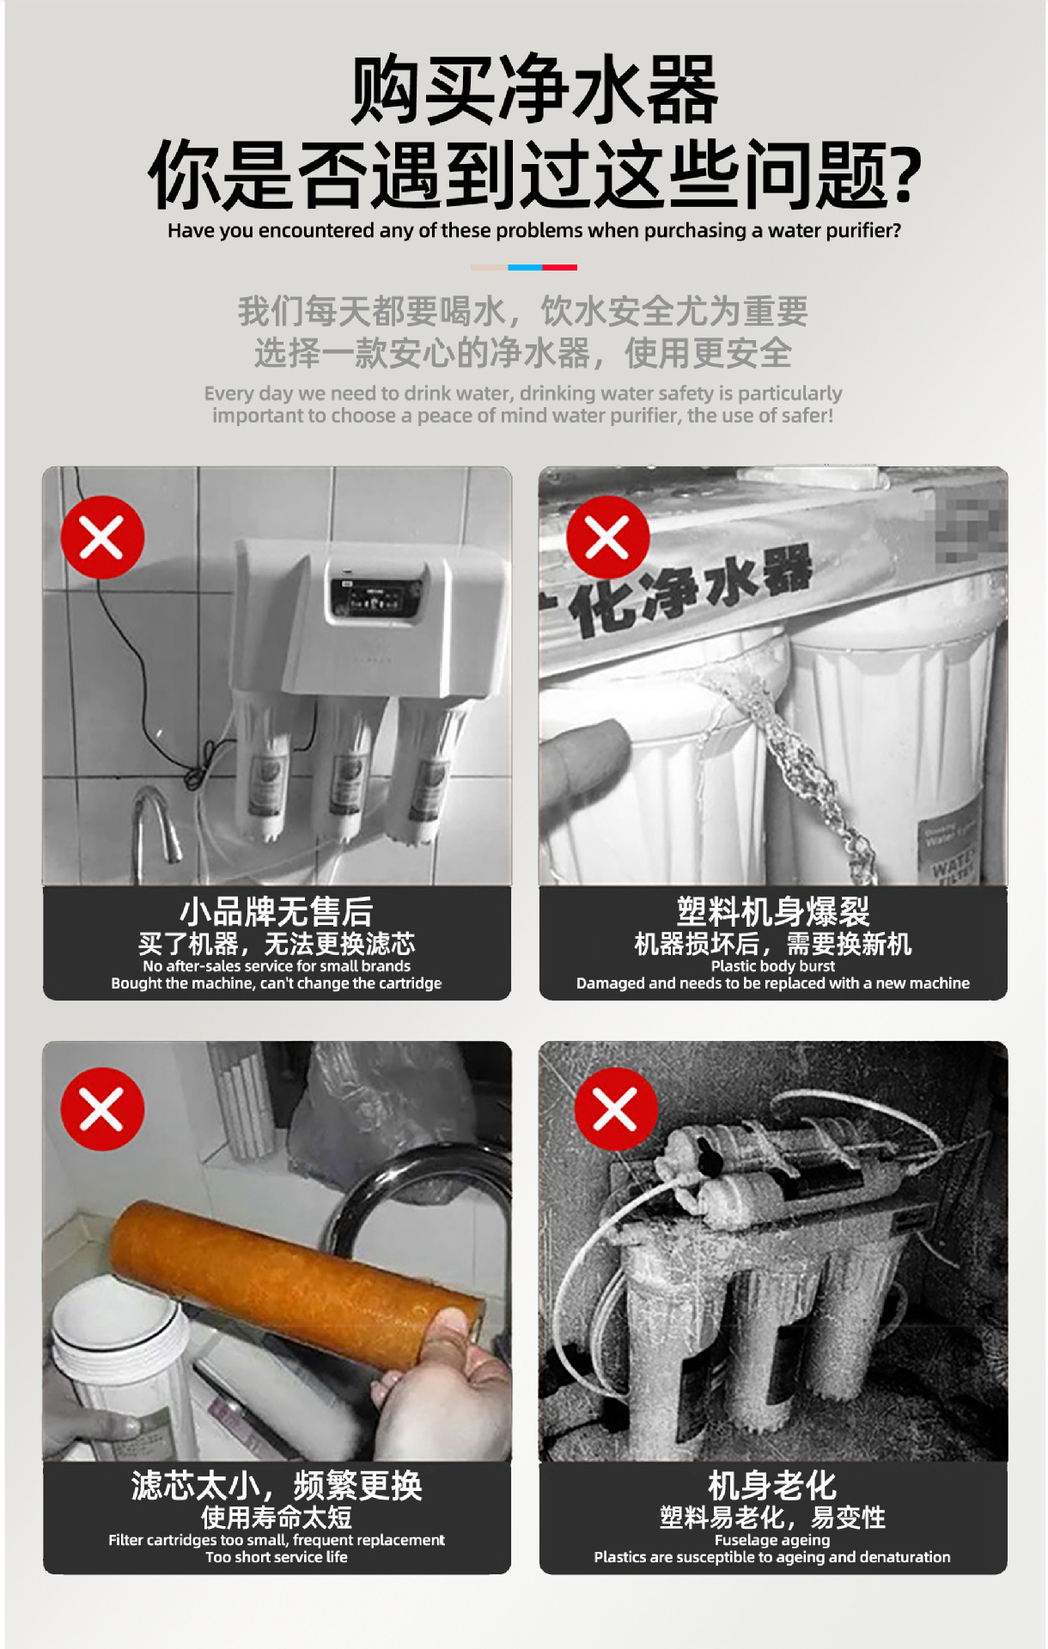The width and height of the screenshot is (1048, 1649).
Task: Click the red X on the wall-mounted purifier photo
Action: click(102, 538)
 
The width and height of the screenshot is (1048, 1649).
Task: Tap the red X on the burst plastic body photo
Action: click(607, 538)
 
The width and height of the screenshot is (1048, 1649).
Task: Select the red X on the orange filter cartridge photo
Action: click(102, 1110)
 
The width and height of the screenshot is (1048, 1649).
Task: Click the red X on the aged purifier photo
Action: click(615, 1110)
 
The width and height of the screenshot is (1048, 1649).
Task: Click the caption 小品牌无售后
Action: click(277, 911)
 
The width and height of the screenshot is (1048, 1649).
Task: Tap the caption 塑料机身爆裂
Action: click(773, 911)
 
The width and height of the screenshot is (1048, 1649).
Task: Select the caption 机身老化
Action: click(772, 1485)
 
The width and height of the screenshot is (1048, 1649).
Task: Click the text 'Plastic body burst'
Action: click(773, 966)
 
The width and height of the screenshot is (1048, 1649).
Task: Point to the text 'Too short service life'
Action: click(277, 1557)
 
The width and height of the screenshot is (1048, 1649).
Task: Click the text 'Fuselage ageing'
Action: click(772, 1540)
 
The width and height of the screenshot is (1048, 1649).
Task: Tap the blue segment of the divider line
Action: click(525, 267)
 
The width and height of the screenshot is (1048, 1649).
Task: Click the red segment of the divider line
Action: click(559, 267)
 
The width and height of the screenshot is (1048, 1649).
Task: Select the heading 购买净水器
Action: click(534, 90)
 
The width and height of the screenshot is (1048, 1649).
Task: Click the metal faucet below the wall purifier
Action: click(156, 824)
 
